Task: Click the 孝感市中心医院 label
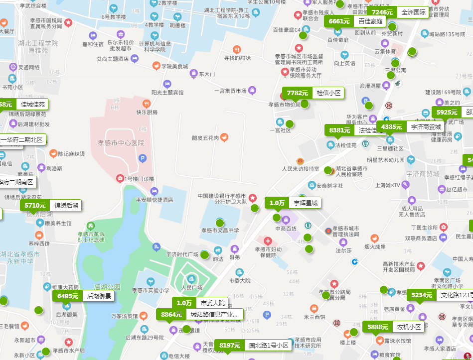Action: [121, 143]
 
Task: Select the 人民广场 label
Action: [191, 288]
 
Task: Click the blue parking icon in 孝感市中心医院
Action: [143, 159]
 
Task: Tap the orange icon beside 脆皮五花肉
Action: [225, 137]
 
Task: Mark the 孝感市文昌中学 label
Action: [220, 231]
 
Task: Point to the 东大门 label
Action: [206, 74]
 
